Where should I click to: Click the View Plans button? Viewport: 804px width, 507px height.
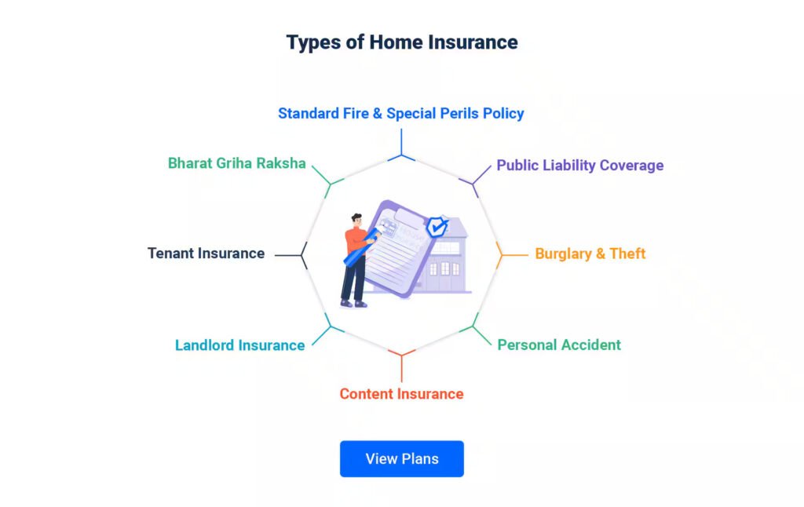click(x=401, y=459)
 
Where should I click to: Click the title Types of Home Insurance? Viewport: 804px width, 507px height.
click(x=402, y=42)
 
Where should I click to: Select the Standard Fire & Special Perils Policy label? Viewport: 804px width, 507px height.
click(x=401, y=113)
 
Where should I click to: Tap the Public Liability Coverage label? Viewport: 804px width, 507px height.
click(x=580, y=165)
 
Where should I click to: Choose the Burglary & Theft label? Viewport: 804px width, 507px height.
click(x=590, y=253)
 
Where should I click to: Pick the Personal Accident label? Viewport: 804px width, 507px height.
click(x=559, y=345)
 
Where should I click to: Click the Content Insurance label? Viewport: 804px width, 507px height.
click(x=401, y=394)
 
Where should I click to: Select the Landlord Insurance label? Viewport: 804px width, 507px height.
click(x=240, y=345)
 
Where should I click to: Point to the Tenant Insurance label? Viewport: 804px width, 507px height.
click(x=206, y=253)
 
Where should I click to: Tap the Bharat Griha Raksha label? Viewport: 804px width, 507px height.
click(x=237, y=163)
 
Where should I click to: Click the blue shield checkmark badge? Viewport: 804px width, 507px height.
click(x=437, y=226)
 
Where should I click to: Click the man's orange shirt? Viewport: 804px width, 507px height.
click(x=355, y=240)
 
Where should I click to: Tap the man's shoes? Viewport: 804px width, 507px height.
click(x=354, y=304)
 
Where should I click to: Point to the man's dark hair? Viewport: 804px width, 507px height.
click(x=357, y=217)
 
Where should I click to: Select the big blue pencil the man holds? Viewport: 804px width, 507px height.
click(x=362, y=247)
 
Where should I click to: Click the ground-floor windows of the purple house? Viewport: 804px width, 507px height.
click(x=444, y=268)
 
